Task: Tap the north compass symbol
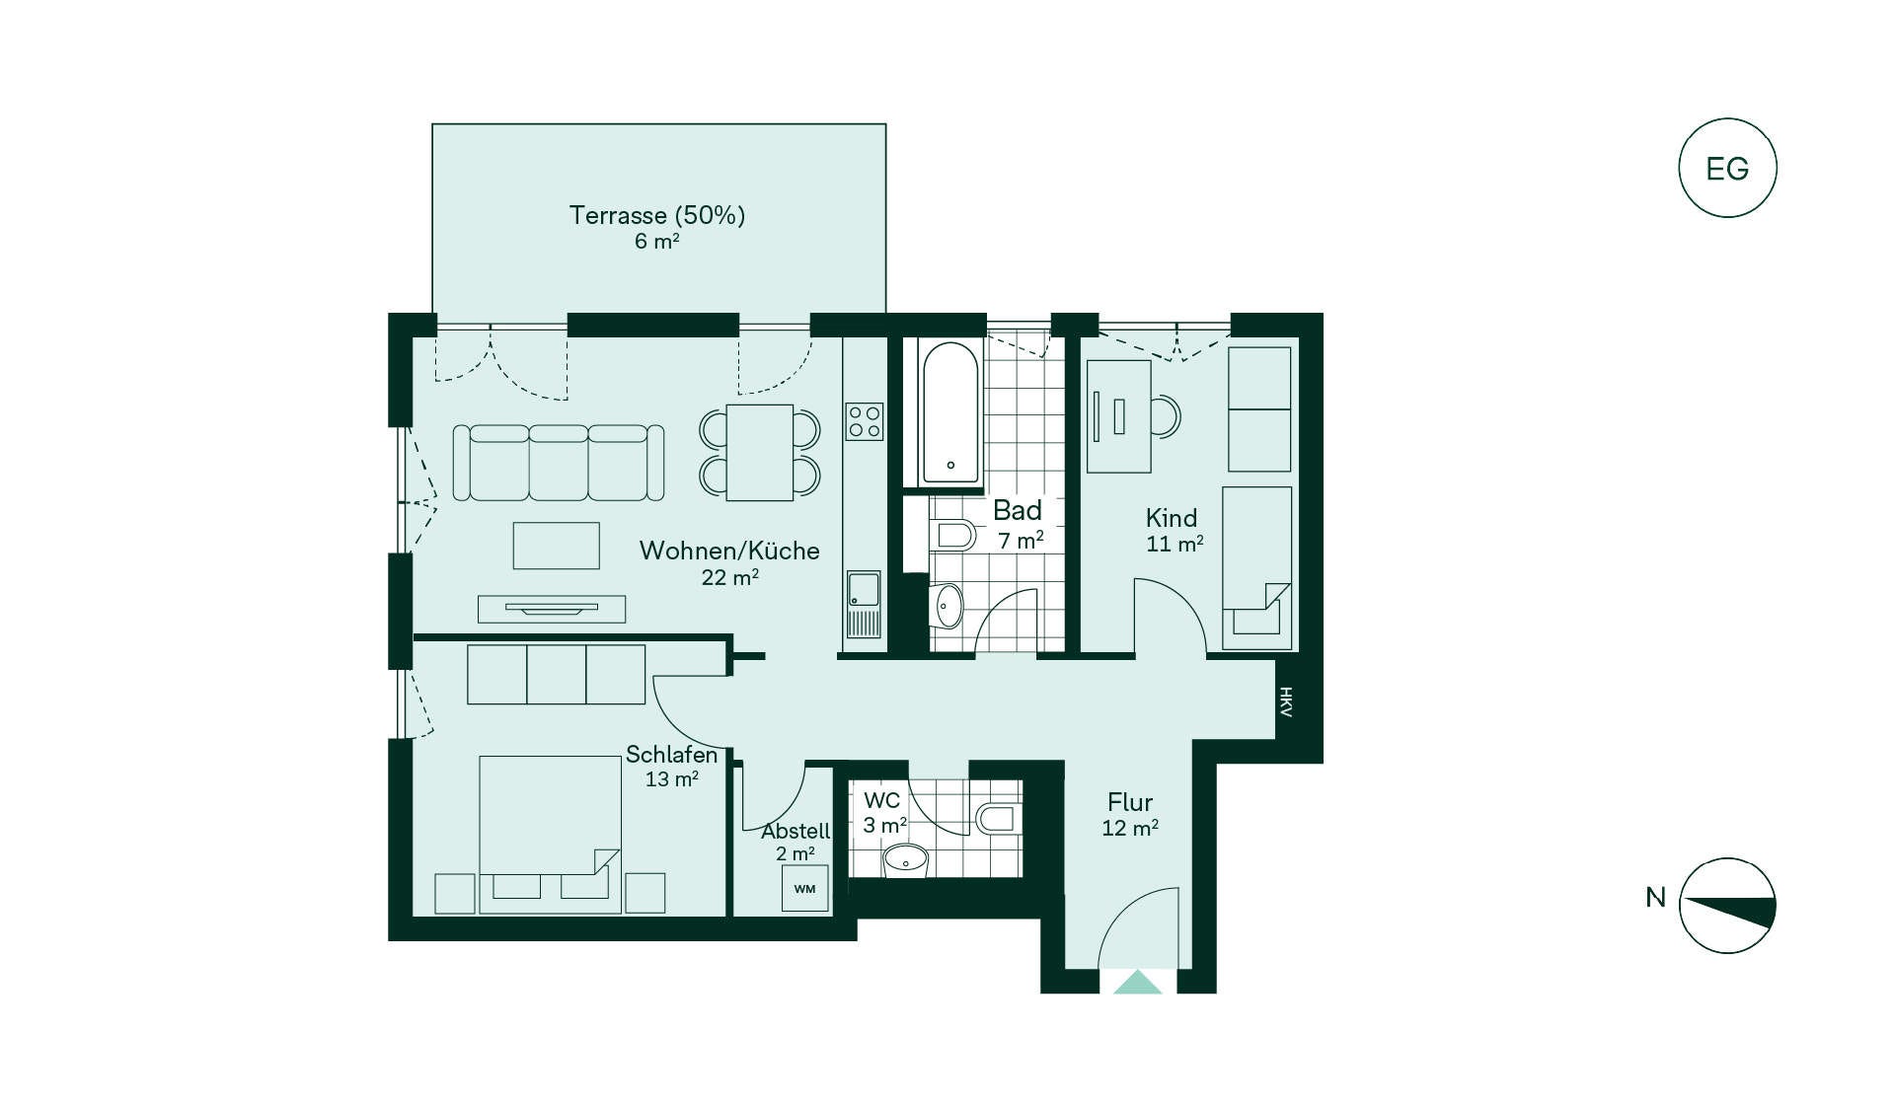pyautogui.click(x=1727, y=906)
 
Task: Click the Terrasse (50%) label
pyautogui.click(x=657, y=215)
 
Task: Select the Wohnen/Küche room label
pyautogui.click(x=729, y=551)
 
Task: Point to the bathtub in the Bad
pyautogui.click(x=950, y=413)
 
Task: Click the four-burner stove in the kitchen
pyautogui.click(x=864, y=421)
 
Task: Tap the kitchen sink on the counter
pyautogui.click(x=864, y=604)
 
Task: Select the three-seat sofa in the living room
pyautogui.click(x=558, y=463)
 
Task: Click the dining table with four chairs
pyautogui.click(x=760, y=453)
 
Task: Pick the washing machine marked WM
pyautogui.click(x=804, y=888)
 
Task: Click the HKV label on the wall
pyautogui.click(x=1285, y=701)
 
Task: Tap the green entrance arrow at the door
pyautogui.click(x=1138, y=983)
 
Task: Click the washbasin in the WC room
pyautogui.click(x=905, y=859)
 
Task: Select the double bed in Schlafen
pyautogui.click(x=550, y=834)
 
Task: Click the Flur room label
pyautogui.click(x=1130, y=802)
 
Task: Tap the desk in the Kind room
pyautogui.click(x=1119, y=416)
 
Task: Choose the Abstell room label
pyautogui.click(x=796, y=831)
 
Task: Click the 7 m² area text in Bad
pyautogui.click(x=1021, y=541)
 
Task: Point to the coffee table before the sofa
pyautogui.click(x=557, y=546)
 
